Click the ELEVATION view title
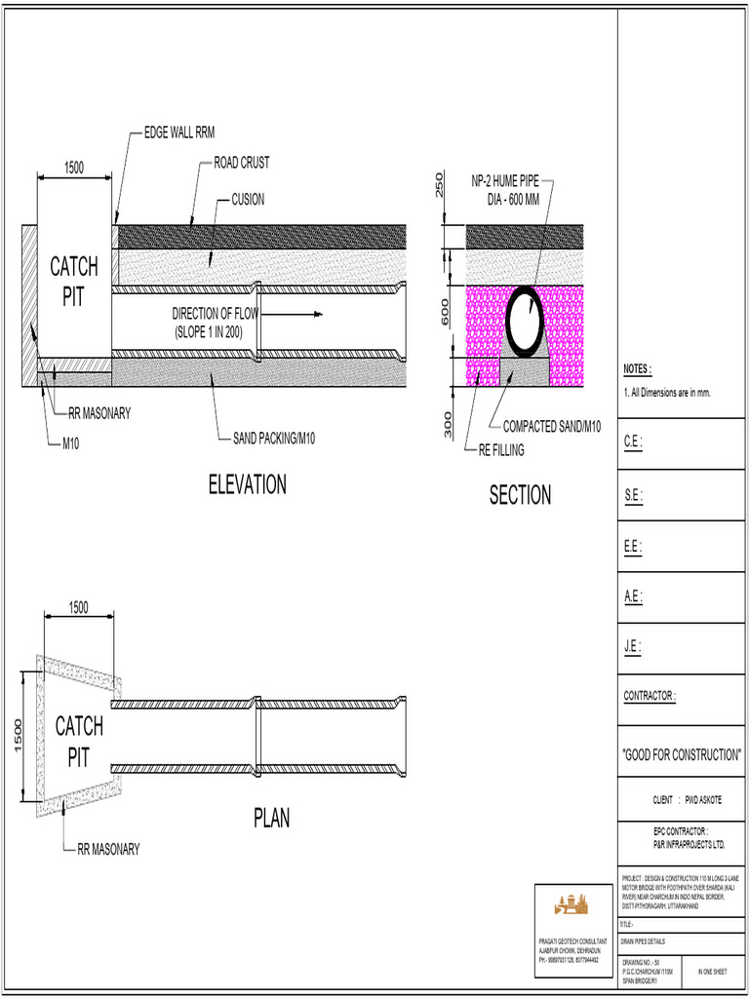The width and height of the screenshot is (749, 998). pos(247,484)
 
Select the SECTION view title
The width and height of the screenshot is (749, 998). pos(520,495)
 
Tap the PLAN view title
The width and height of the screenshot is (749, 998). pos(272,818)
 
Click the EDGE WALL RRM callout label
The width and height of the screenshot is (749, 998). pos(179,134)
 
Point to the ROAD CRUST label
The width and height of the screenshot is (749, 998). pos(242,163)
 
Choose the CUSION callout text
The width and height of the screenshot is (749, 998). pos(248,200)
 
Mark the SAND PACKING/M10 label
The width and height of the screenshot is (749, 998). pos(273,438)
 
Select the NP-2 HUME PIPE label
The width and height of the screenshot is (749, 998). pos(505,181)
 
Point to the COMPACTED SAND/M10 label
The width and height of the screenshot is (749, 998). pos(552,426)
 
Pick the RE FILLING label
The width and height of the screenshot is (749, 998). pos(500,450)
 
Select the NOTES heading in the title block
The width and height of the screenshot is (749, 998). pos(637,369)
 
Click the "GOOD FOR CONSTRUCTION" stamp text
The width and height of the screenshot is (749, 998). pos(682,755)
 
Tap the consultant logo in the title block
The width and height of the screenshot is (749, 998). pos(571,903)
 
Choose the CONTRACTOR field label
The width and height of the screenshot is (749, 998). pos(650,696)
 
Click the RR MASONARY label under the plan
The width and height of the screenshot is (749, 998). pos(108,849)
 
